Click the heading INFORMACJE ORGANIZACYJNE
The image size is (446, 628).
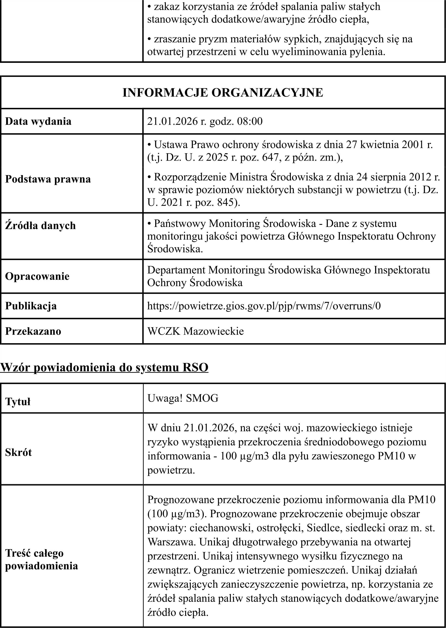point(223,93)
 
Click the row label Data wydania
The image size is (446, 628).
point(38,121)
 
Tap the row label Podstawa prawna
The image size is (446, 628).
point(48,179)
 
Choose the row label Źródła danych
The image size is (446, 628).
point(40,226)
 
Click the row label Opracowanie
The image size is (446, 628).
point(37,276)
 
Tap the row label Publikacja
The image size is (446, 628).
point(31,306)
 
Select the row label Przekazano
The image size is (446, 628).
point(33,331)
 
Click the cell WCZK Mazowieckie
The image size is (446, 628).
point(196,331)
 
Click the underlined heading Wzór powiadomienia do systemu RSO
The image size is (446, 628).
point(104,368)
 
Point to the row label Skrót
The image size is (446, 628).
point(18,452)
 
